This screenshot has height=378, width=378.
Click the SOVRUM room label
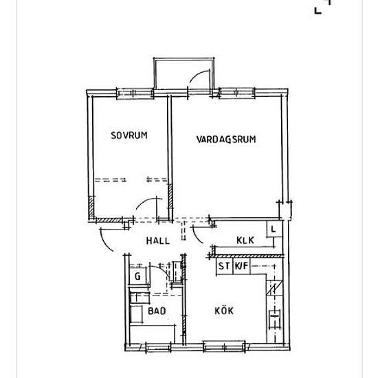[129, 135]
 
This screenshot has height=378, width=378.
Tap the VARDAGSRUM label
[226, 139]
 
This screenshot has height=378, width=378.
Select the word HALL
[158, 241]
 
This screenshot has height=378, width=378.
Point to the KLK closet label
[245, 241]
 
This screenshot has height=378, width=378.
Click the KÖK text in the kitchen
[224, 311]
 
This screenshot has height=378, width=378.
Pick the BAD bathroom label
[157, 311]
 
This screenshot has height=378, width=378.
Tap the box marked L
[273, 229]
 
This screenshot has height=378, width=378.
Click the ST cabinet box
[224, 266]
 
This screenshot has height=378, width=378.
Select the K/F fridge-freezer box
[241, 266]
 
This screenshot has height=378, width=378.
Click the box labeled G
[137, 276]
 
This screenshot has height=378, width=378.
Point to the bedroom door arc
[146, 204]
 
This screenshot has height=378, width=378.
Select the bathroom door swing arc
[161, 271]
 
